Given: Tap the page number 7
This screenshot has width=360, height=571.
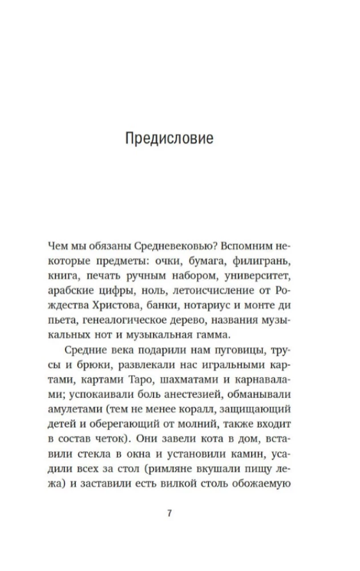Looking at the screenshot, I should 169,512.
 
